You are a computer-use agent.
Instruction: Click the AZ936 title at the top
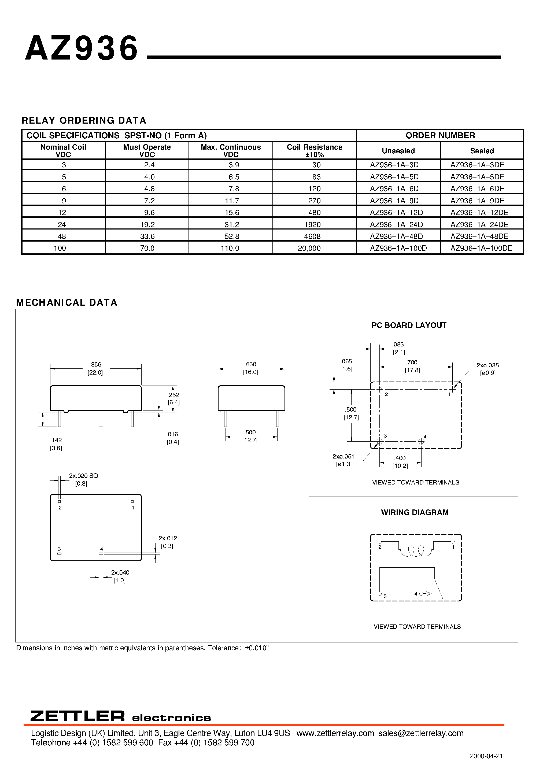[x=82, y=49]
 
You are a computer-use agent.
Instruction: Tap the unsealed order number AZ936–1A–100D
[x=398, y=248]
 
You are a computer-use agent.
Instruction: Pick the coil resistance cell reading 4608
[x=314, y=236]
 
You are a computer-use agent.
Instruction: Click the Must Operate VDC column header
[x=147, y=151]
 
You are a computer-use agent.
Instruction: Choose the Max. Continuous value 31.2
[x=232, y=224]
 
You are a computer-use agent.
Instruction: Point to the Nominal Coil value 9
[x=64, y=201]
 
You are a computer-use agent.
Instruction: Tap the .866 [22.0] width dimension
[x=95, y=368]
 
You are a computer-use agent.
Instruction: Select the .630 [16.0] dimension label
[x=251, y=368]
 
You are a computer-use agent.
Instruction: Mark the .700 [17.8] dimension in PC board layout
[x=412, y=366]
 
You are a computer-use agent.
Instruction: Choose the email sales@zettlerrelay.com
[x=421, y=733]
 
